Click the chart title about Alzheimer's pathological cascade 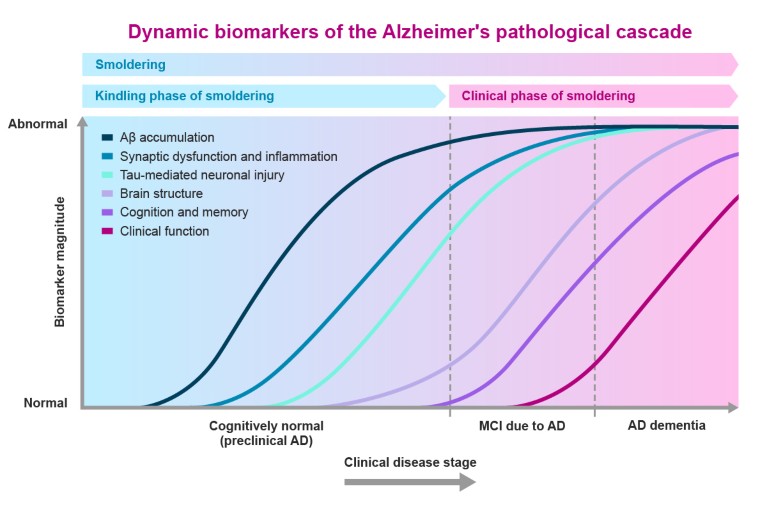tap(410, 31)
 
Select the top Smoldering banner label tap(130, 65)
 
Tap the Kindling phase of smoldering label tap(184, 96)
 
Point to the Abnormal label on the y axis tap(38, 125)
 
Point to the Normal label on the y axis tap(45, 404)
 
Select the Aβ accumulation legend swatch tap(107, 138)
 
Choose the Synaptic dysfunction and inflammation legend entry tap(228, 157)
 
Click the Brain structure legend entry tap(161, 194)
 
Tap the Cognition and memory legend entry tap(184, 212)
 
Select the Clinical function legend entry tap(164, 231)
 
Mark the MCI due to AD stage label tap(522, 425)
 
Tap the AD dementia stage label tap(666, 425)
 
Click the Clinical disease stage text tap(410, 462)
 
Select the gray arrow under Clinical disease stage tap(410, 482)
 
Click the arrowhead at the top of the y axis tap(81, 132)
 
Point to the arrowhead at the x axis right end tap(733, 408)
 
